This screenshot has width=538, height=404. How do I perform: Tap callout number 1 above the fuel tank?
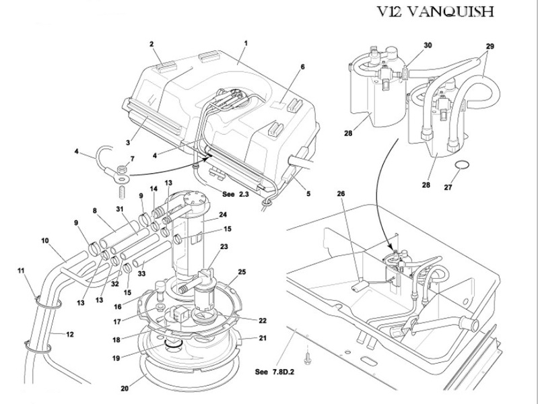(x=246, y=43)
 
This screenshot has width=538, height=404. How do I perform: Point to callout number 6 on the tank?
(x=302, y=67)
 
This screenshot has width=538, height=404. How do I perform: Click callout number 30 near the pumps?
(x=428, y=45)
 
